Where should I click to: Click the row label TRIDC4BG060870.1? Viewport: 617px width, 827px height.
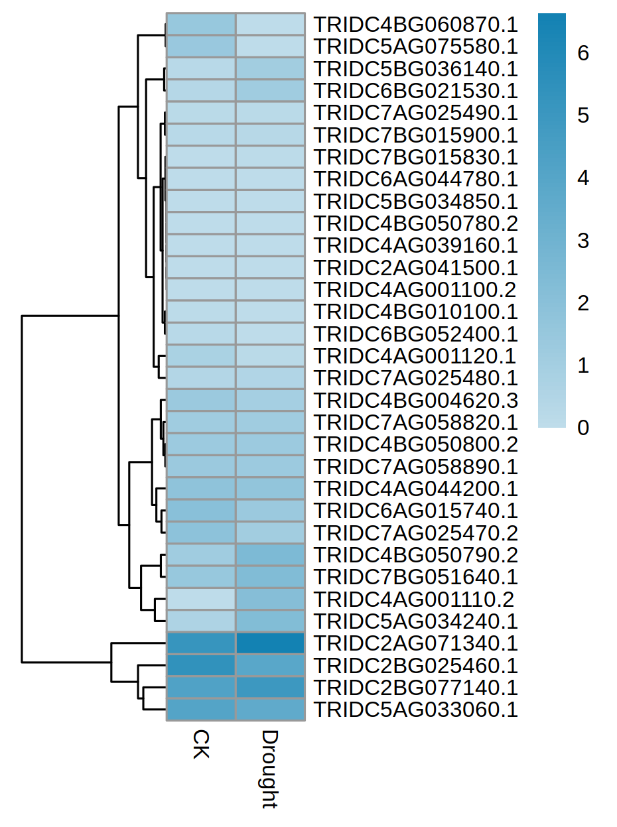click(x=415, y=25)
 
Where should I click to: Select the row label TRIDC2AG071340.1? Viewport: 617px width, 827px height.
click(x=415, y=643)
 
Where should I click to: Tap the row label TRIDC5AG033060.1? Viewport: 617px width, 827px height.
click(x=415, y=710)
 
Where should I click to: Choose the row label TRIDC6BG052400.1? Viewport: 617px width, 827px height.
click(x=415, y=334)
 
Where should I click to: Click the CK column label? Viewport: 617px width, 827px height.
click(x=200, y=745)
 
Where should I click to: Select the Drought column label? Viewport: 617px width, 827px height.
click(x=269, y=769)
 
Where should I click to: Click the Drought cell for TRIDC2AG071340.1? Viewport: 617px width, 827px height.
click(x=270, y=643)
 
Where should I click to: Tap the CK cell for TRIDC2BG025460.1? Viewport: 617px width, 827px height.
click(x=200, y=665)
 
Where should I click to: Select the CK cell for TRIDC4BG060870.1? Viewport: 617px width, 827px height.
click(x=200, y=25)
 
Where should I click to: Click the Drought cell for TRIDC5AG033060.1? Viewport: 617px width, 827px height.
click(x=270, y=710)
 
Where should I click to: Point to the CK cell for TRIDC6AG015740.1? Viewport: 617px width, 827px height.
click(x=200, y=511)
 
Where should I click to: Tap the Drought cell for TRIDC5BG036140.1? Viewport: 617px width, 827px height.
click(x=270, y=68)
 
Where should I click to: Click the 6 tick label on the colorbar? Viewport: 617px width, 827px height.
click(x=583, y=53)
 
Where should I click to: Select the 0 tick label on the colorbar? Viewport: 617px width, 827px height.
click(x=583, y=428)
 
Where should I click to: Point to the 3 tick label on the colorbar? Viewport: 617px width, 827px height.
click(x=583, y=241)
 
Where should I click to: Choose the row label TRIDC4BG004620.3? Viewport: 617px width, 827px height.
click(x=415, y=400)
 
